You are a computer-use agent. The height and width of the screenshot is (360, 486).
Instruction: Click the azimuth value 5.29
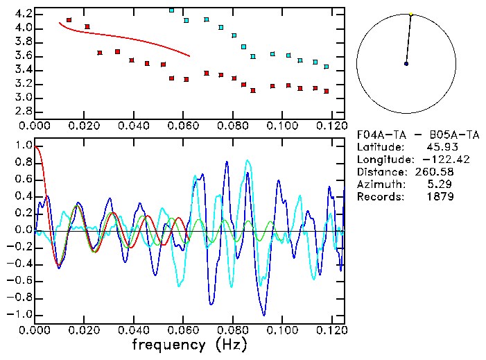[x=441, y=184]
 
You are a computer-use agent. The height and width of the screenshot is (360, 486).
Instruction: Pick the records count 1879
[x=440, y=196]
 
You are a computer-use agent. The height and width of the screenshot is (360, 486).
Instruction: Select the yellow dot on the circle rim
[x=411, y=14]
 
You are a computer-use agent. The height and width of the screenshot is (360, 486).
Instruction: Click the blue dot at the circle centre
[x=406, y=64]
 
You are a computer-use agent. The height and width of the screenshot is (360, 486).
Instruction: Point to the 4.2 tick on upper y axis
[x=22, y=14]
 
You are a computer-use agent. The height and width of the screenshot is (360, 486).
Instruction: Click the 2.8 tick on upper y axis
[x=22, y=111]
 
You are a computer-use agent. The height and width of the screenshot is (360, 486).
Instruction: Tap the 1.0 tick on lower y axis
[x=22, y=146]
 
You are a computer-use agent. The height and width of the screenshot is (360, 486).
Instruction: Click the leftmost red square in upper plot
[x=69, y=21]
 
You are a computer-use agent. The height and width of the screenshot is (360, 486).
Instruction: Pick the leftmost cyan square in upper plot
[x=171, y=10]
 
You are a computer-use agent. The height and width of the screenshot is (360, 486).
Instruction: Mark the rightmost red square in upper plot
[x=326, y=91]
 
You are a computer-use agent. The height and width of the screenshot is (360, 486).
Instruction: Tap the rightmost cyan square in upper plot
[x=326, y=67]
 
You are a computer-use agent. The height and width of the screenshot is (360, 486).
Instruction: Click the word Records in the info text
[x=379, y=196]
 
